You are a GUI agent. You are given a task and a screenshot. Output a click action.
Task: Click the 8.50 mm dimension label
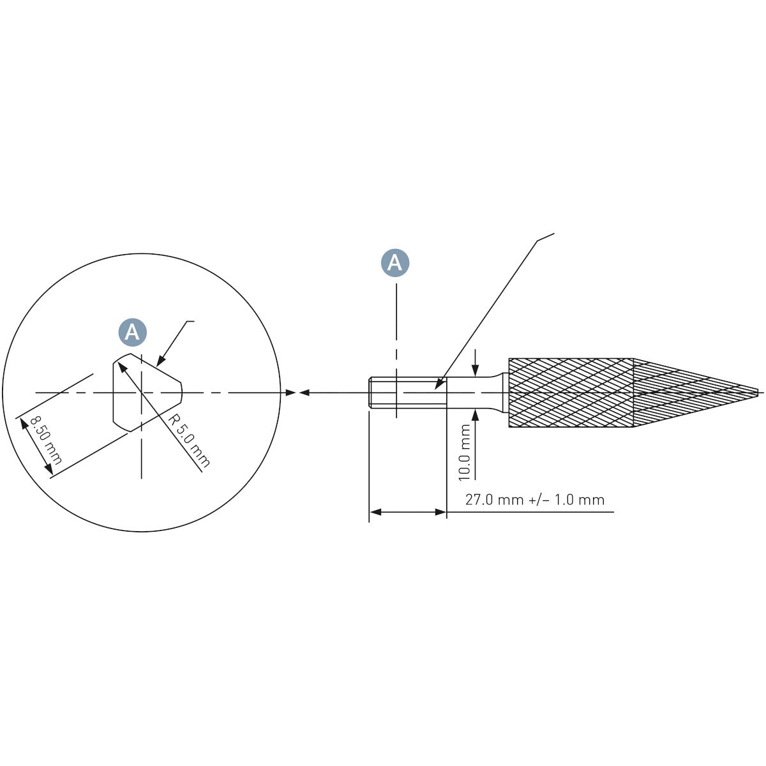click(46, 440)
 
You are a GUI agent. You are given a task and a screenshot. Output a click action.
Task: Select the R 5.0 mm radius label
click(188, 440)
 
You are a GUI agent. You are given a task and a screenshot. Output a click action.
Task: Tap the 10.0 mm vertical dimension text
click(464, 453)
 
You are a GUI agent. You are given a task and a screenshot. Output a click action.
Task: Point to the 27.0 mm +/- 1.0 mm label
click(535, 500)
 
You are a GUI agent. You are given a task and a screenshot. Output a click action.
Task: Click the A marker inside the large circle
click(132, 331)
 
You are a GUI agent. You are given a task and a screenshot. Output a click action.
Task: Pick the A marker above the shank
click(395, 263)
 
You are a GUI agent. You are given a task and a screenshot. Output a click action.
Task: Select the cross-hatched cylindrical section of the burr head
click(571, 393)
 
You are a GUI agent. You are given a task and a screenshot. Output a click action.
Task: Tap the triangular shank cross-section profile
click(147, 393)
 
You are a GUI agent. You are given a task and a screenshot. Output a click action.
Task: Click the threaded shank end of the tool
click(407, 393)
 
